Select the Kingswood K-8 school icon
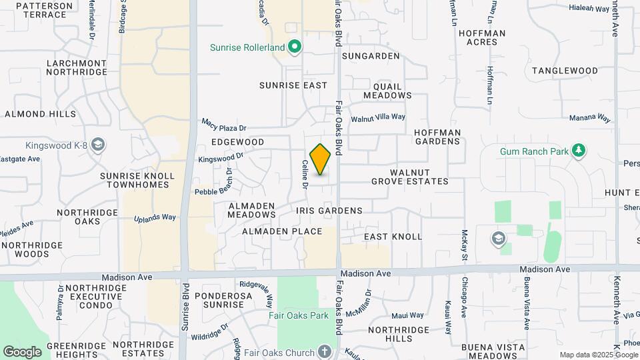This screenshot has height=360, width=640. pos(98,145)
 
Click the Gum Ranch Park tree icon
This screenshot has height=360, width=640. pos(579,151)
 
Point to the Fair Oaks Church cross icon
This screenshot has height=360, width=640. pos(325,351)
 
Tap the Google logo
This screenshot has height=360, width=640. pos(22,352)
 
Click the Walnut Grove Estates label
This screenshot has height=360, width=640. pos(410,177)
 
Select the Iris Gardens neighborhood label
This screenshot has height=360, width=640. pos(329,211)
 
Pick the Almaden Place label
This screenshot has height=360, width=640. pos(282,231)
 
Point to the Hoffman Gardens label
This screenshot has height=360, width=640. pos(437,137)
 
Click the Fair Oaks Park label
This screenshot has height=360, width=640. pos(299,315)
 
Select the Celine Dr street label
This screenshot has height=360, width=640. pos(304,174)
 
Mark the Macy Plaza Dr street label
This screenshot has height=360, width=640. pos(224,125)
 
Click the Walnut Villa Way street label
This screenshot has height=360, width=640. pos(378,117)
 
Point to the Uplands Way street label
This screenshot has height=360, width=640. pos(155,217)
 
